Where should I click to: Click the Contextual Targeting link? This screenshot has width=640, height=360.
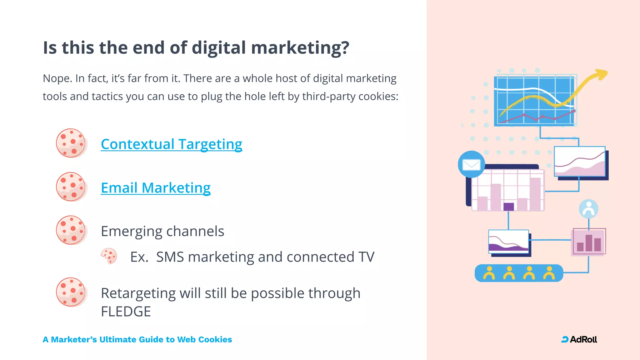[171, 144]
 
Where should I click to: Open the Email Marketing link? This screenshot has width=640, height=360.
[156, 188]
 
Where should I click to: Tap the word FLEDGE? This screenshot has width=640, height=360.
[126, 312]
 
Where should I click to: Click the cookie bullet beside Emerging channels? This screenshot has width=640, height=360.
[71, 230]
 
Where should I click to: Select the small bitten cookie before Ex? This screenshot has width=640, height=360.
[109, 256]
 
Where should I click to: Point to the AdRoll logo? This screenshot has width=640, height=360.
[579, 339]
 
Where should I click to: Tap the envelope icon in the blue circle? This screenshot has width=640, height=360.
[471, 164]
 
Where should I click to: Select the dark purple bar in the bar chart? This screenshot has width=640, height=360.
[509, 207]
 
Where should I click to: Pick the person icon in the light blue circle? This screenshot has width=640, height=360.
[588, 209]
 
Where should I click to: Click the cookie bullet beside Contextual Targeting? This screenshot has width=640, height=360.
[71, 143]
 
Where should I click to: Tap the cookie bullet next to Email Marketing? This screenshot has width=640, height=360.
[71, 187]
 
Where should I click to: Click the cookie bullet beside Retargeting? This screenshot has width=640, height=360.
[71, 292]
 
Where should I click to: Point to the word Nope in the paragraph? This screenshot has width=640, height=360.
[56, 78]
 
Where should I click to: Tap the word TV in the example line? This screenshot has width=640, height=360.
[366, 257]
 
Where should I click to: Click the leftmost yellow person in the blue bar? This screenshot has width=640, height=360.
[489, 273]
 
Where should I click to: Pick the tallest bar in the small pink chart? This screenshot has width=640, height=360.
[589, 243]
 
